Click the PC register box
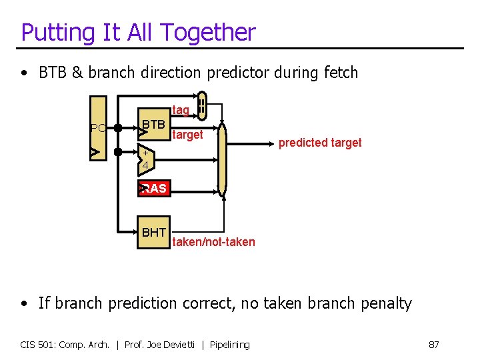[x=98, y=129]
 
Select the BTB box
[x=153, y=124]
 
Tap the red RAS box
[x=153, y=189]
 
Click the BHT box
[x=153, y=233]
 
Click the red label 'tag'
[x=181, y=109]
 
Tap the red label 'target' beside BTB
[x=187, y=135]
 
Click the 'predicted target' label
[x=320, y=143]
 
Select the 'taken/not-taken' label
[x=213, y=242]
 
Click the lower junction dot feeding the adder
[x=117, y=153]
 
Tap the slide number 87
[x=433, y=345]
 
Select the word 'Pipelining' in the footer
[x=229, y=345]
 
